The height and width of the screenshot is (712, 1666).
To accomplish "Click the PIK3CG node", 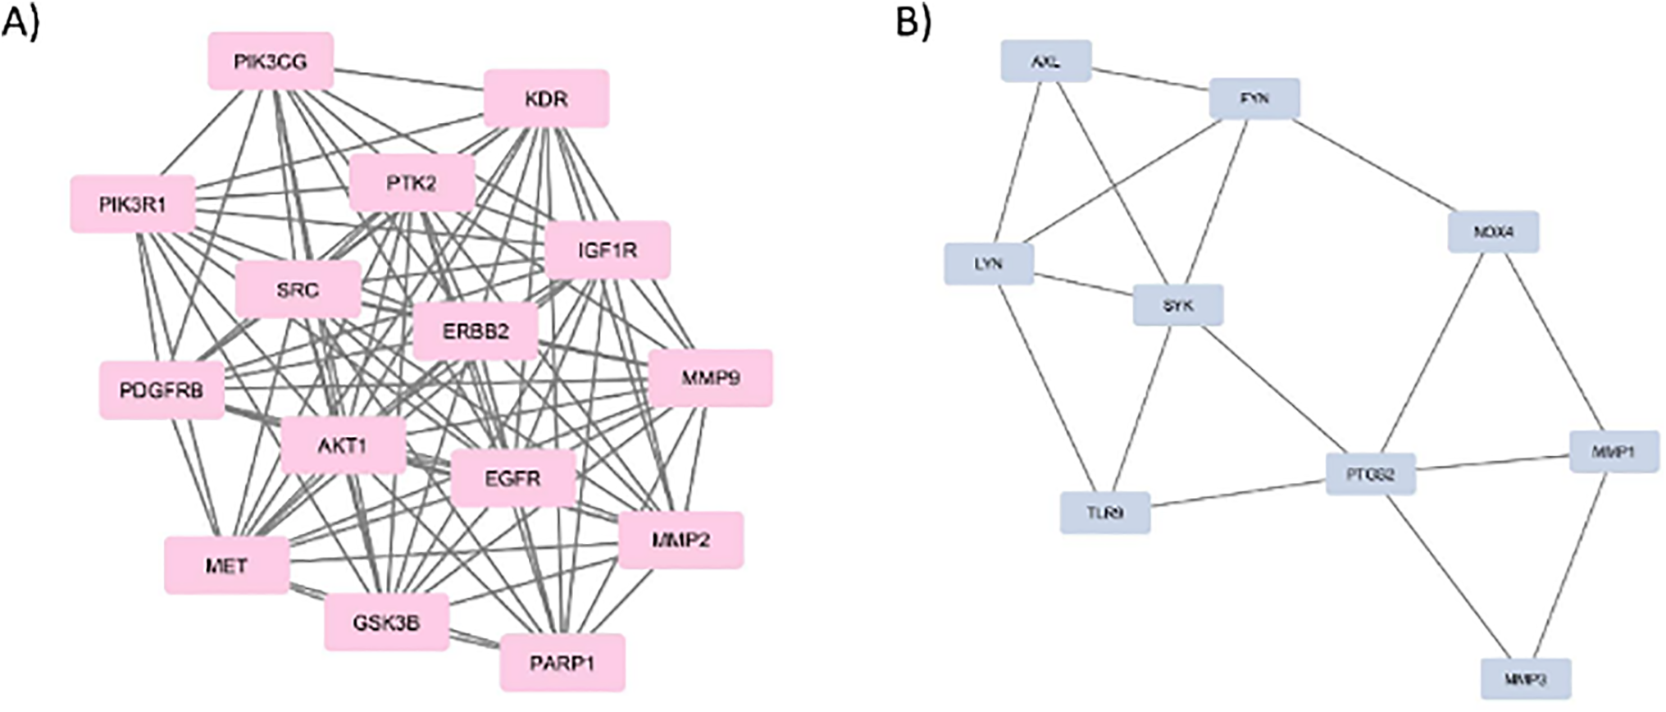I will click(271, 62).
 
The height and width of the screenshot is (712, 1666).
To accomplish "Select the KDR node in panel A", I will click(546, 99).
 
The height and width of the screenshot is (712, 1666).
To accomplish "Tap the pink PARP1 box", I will click(562, 663).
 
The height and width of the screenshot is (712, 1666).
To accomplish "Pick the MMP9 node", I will click(710, 378).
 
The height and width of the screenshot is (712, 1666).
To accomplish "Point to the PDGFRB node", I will click(162, 390).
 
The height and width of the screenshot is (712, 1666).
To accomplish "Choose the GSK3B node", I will click(386, 623).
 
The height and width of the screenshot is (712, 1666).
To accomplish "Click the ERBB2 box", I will click(476, 331).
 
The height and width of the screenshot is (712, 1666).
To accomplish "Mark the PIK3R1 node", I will click(133, 204).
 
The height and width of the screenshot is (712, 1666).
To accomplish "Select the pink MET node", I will click(226, 565).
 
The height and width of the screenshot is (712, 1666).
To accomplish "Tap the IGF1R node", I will click(608, 250).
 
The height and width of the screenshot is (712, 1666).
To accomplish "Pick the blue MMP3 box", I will click(1526, 679).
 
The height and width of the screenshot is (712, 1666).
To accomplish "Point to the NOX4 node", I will click(1493, 232).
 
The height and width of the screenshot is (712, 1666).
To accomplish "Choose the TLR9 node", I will click(1104, 513).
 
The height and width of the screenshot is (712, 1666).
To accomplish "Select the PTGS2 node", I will click(1370, 474).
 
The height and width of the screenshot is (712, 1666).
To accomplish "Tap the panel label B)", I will click(913, 23).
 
